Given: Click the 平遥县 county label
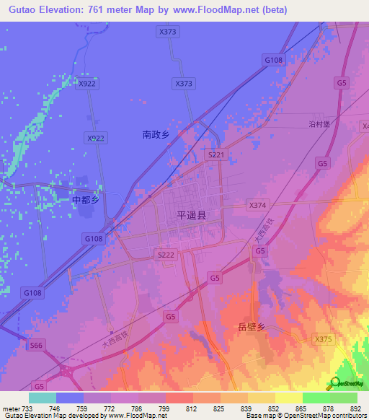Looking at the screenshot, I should pyautogui.click(x=191, y=215).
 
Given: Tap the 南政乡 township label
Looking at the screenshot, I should pyautogui.click(x=155, y=134).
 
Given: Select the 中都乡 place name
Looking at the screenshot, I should pyautogui.click(x=84, y=200).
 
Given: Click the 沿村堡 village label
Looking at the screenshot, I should pyautogui.click(x=319, y=124).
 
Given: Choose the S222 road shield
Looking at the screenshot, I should pyautogui.click(x=166, y=255).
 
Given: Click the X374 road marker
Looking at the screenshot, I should pyautogui.click(x=257, y=205).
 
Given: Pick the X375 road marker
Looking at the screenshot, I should pyautogui.click(x=324, y=338).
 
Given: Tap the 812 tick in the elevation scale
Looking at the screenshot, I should pyautogui.click(x=192, y=408).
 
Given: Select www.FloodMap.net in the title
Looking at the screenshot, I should pyautogui.click(x=221, y=10).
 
